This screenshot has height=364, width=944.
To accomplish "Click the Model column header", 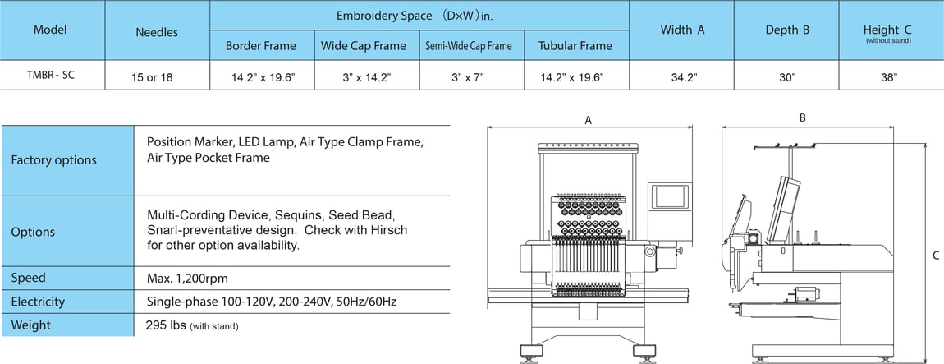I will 50,30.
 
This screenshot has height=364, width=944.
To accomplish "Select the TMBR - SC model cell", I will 51,75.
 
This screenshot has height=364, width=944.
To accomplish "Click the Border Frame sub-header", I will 260,46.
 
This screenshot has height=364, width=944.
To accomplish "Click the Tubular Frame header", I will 575,46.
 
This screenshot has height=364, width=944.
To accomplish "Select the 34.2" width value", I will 682,77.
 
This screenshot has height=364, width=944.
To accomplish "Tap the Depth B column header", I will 787,30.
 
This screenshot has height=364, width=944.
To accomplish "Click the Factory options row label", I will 53,160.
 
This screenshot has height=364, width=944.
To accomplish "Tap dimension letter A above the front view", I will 588,120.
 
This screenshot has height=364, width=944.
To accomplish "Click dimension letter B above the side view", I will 802,117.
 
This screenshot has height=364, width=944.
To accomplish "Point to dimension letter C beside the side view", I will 936,256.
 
